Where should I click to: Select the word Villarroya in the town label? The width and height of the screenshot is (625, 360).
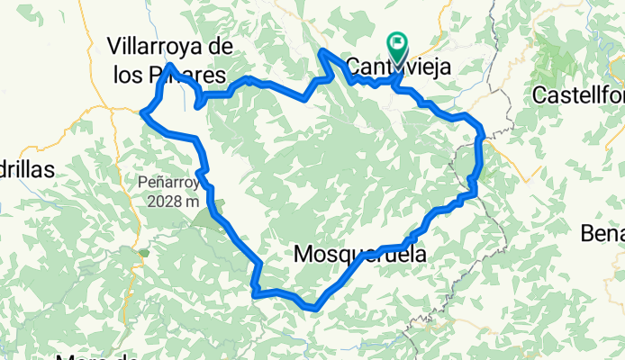(159, 45)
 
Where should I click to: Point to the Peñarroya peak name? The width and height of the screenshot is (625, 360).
(168, 182)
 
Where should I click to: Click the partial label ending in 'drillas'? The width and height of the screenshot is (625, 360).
(27, 168)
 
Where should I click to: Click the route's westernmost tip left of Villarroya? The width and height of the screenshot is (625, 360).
(144, 112)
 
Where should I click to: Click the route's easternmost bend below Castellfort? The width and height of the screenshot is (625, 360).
(482, 137)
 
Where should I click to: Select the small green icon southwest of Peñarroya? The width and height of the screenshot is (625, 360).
(141, 253)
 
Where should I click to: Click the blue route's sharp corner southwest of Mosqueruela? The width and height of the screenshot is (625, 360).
(255, 291)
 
